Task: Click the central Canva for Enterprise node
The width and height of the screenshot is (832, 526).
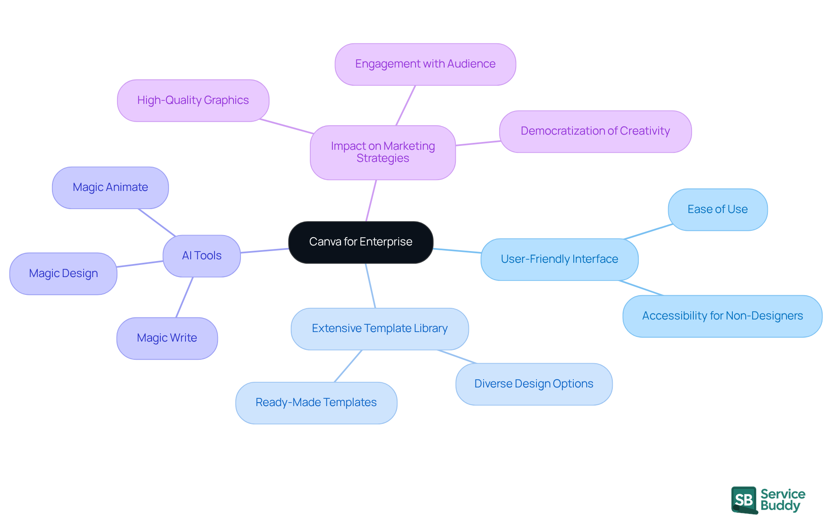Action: tap(361, 242)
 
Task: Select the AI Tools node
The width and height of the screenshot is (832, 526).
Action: tap(201, 256)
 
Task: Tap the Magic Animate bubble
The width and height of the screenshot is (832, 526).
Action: tap(110, 187)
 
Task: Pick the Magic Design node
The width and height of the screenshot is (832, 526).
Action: tap(63, 274)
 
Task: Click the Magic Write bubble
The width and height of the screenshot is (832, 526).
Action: tap(167, 338)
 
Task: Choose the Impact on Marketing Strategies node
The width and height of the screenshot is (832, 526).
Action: tap(383, 152)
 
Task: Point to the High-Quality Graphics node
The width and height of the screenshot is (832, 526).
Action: tap(193, 100)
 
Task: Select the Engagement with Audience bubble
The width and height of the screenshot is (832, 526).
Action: tap(425, 64)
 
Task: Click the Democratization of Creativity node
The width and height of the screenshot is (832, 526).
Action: tap(595, 131)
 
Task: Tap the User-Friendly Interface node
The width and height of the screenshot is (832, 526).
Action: tap(559, 259)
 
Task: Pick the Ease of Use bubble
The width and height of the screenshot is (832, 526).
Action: tap(717, 210)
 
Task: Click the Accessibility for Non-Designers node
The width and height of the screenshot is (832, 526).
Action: tap(722, 316)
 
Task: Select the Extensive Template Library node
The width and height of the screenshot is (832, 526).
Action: tap(380, 329)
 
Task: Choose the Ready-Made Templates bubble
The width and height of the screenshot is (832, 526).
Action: tap(316, 403)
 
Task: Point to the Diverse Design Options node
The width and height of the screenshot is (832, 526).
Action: tap(533, 384)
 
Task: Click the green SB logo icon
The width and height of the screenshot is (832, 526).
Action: tap(744, 500)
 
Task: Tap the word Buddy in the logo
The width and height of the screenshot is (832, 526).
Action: tap(780, 506)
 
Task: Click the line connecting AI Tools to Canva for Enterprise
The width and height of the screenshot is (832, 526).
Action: tap(264, 251)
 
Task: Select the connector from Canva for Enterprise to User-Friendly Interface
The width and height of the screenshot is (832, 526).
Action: tap(457, 251)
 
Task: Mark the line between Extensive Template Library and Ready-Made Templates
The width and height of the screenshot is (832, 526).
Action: tap(348, 366)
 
